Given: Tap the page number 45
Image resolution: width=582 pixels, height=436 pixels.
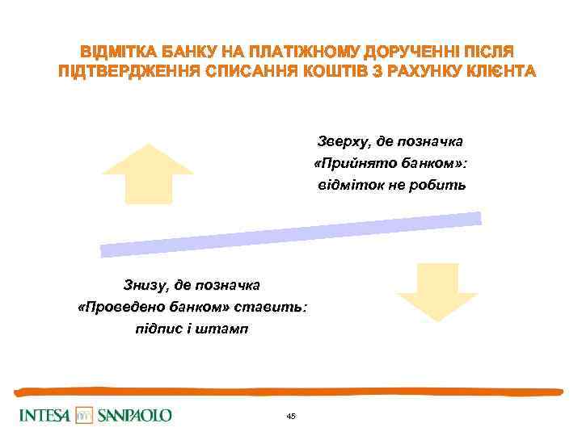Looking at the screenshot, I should coord(291,416).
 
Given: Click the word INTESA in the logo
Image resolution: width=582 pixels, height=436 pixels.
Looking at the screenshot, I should coord(44,416).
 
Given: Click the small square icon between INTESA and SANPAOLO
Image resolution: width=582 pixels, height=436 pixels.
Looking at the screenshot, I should coord(84,416).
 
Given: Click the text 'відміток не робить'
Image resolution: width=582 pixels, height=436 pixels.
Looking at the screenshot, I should coord(391,186).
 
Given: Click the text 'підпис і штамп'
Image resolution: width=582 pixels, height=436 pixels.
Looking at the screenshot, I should coord(192,329).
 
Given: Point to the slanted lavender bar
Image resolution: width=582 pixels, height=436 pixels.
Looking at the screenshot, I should coord(291,235).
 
